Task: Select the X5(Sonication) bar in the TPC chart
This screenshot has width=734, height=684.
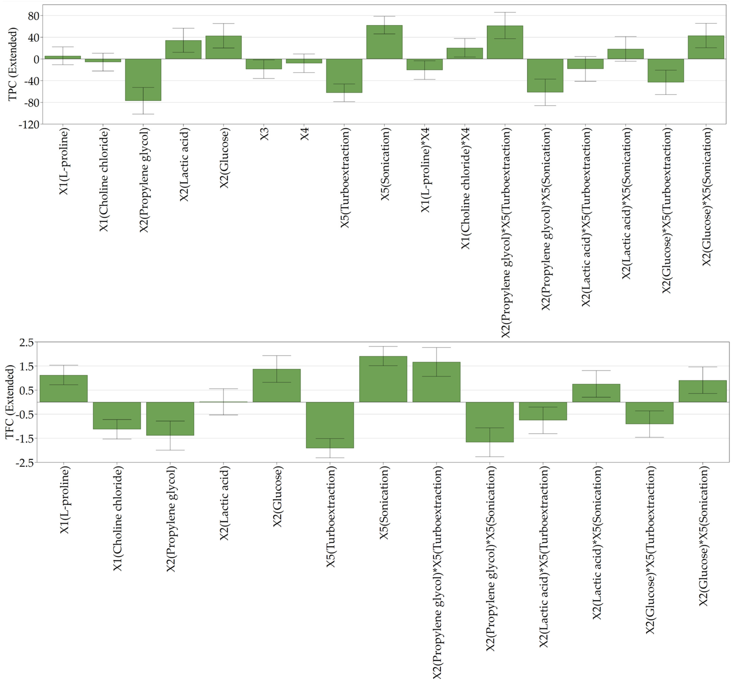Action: pyautogui.click(x=384, y=42)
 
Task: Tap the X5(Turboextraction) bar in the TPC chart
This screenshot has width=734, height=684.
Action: pyautogui.click(x=344, y=76)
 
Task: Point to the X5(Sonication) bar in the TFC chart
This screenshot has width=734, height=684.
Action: pyautogui.click(x=383, y=379)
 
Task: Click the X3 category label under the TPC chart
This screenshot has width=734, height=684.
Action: pyautogui.click(x=264, y=134)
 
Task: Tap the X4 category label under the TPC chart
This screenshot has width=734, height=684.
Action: pyautogui.click(x=305, y=134)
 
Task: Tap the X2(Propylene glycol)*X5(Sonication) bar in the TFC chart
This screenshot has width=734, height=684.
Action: pyautogui.click(x=490, y=422)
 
